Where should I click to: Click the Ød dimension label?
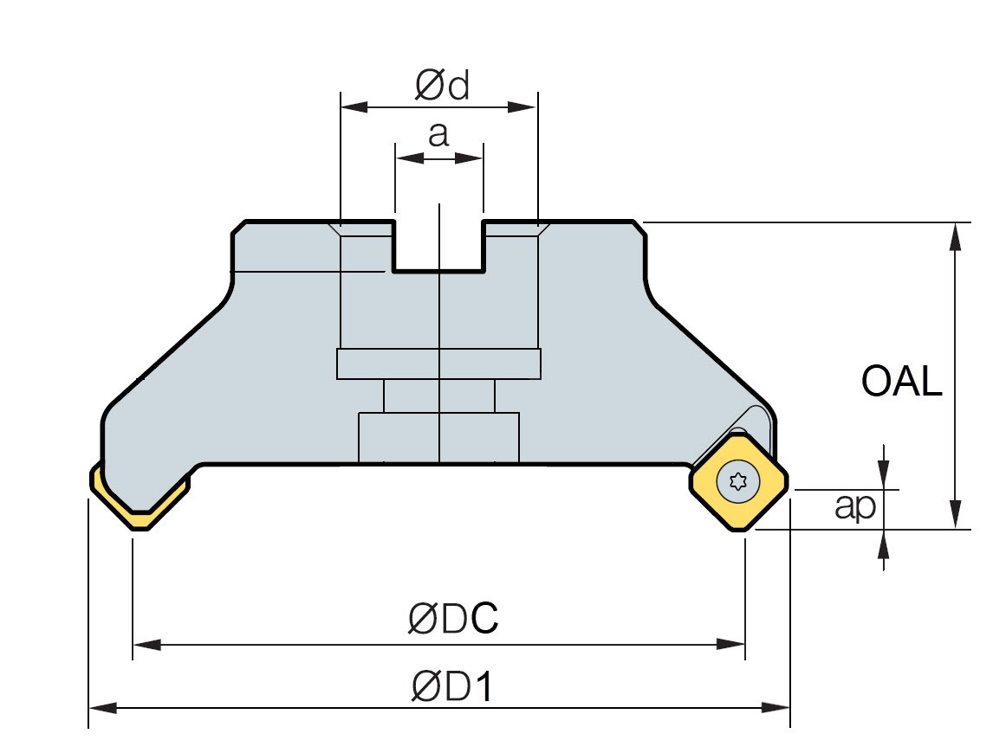[442, 86]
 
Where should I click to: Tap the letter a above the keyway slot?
[439, 135]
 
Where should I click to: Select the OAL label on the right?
[901, 381]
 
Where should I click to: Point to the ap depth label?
[855, 507]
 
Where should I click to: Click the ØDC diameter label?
[453, 619]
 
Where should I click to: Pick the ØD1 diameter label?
[451, 687]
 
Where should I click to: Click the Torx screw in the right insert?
[738, 483]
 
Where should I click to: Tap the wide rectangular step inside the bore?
[438, 364]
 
